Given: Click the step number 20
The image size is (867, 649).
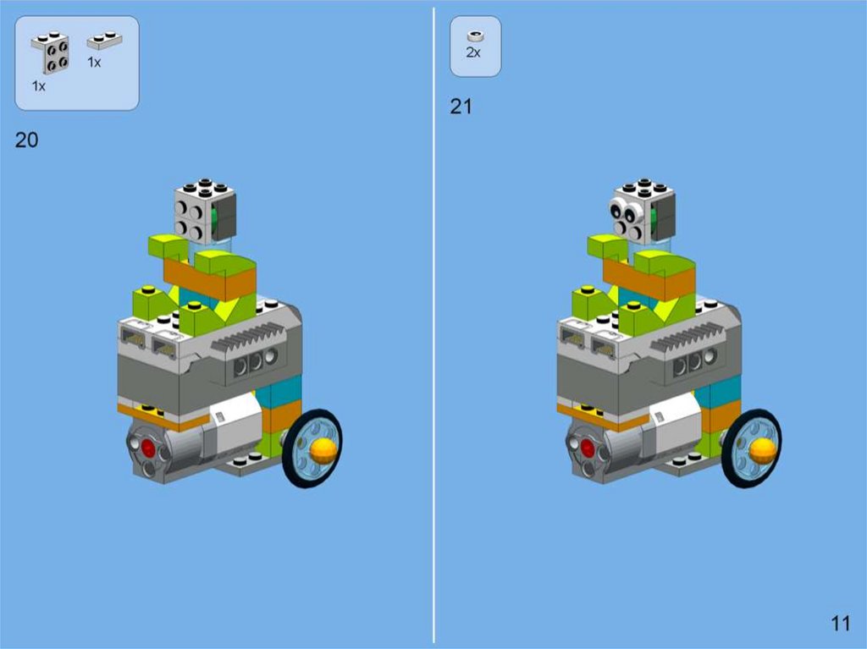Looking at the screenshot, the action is coord(26,140).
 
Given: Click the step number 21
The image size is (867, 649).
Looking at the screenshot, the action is coord(461,107).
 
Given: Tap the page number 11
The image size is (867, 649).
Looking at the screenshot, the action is coord(841,624).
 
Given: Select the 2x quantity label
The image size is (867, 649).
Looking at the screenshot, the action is coord(473,52).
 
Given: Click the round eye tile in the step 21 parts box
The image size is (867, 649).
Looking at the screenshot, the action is coord(476,36).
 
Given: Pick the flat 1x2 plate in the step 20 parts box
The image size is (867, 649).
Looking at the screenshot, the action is coord(104,41).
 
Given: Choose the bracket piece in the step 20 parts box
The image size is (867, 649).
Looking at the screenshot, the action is coord(51,52).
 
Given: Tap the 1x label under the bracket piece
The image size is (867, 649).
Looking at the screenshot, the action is coord(39,86).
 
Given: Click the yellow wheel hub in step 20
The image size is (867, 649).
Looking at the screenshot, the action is coord(323,451).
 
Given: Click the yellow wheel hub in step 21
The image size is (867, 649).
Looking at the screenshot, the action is coord(762,450).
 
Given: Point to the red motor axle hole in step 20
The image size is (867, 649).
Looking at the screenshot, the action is coord(148,448).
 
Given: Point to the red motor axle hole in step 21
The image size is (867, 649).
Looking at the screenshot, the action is coord(588,448).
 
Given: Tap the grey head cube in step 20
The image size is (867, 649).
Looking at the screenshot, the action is coord(205,212).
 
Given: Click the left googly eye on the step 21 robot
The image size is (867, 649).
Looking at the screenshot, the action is coord(617,209).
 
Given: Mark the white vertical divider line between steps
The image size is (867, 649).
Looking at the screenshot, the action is coord(434,325).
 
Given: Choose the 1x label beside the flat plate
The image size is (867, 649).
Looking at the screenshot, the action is coord(94,63).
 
